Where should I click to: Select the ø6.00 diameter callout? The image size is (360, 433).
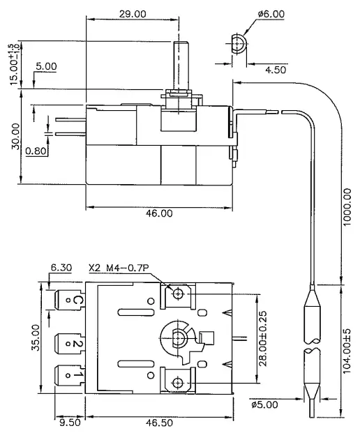[271, 13]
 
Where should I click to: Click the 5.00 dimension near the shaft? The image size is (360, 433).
[46, 66]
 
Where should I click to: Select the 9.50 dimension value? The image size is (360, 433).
[67, 422]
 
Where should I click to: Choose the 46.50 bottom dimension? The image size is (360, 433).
[158, 423]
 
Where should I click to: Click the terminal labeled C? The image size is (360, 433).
[68, 301]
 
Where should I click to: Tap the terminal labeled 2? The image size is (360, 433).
[68, 342]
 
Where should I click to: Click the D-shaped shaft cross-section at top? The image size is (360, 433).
[239, 43]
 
